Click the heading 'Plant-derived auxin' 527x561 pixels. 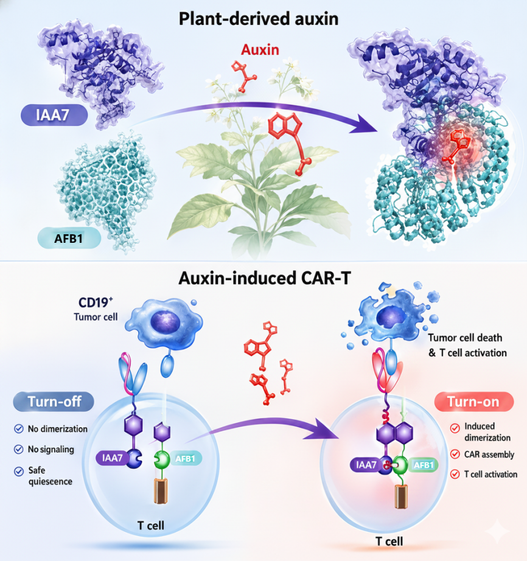258,19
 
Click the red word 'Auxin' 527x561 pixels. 260,50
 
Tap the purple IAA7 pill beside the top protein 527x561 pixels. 54,115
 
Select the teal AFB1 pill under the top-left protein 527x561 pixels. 69,238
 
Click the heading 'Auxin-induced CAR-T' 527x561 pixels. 264,278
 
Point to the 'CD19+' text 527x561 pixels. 96,302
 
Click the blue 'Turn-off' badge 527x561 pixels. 54,402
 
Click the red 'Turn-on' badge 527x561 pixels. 473,402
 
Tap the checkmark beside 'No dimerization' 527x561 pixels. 19,428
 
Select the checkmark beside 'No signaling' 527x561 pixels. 19,450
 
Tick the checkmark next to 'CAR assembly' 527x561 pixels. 455,455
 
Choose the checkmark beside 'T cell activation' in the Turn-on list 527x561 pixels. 455,475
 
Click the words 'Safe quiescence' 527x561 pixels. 50,476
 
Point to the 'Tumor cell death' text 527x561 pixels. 465,338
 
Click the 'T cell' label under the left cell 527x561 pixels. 151,526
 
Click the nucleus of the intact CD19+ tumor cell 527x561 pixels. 165,322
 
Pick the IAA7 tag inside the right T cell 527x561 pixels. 366,465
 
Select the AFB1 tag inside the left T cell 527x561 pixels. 185,458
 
